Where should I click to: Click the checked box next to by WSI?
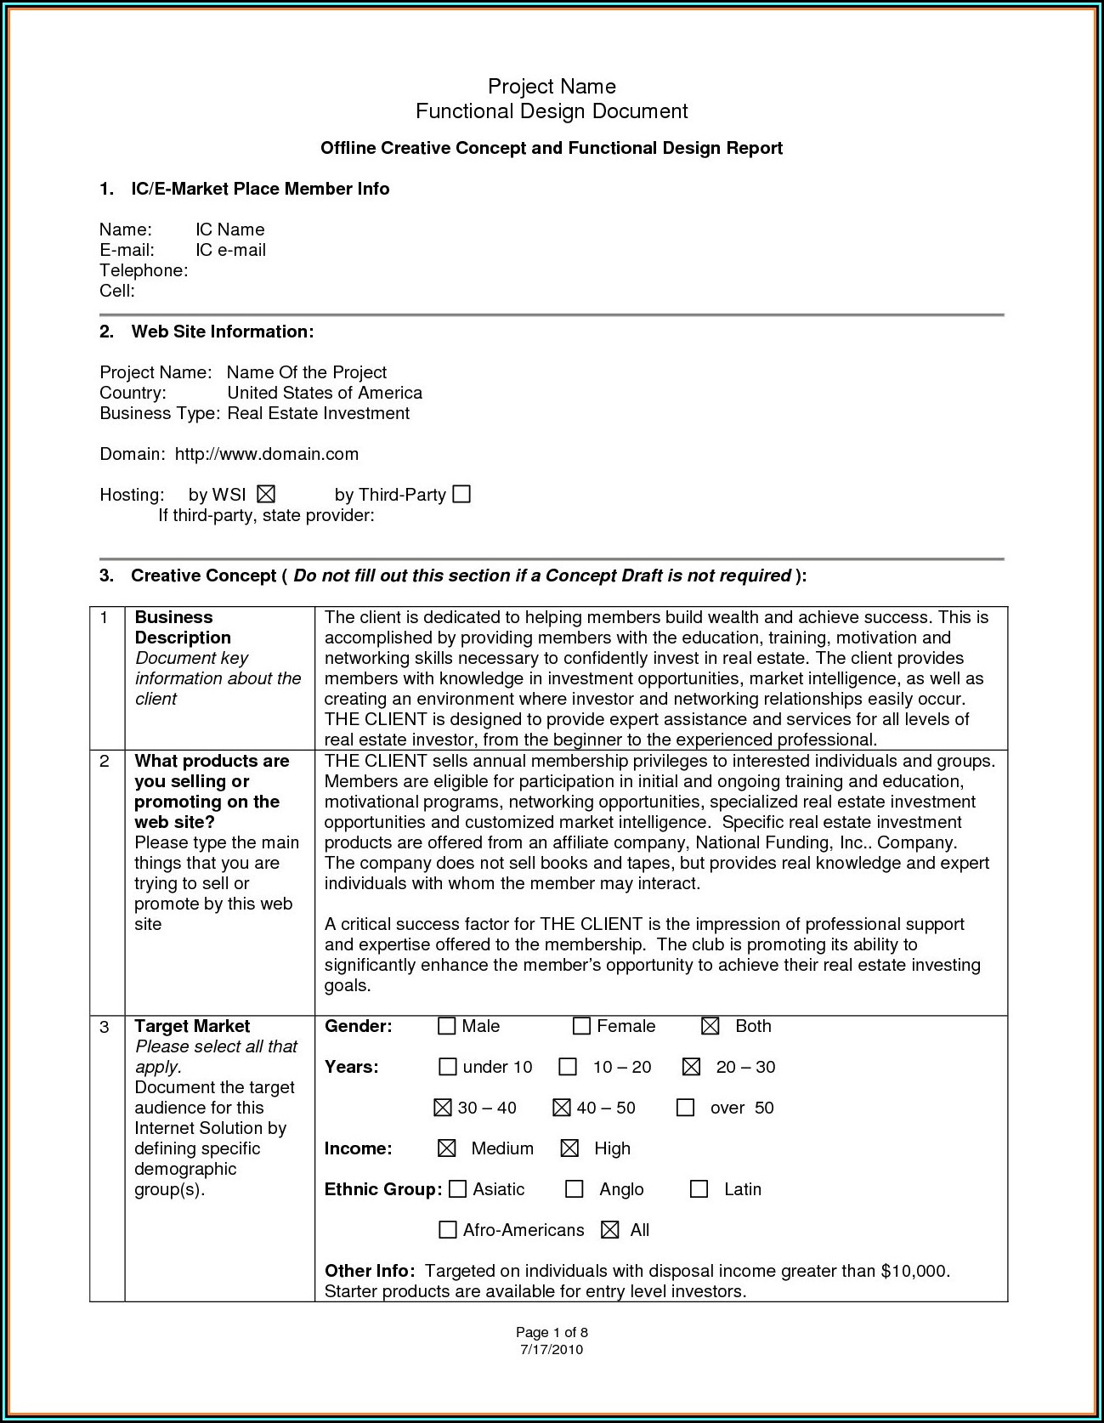click(266, 494)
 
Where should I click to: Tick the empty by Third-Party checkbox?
click(461, 494)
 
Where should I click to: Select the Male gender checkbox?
click(447, 1026)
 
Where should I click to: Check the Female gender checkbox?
click(581, 1026)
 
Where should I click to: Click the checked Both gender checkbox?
click(711, 1026)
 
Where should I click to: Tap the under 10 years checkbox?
click(448, 1066)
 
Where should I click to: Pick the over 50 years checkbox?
click(686, 1107)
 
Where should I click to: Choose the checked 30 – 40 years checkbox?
click(443, 1107)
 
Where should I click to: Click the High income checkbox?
click(569, 1148)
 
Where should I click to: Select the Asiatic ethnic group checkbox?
click(457, 1188)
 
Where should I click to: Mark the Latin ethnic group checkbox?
click(699, 1188)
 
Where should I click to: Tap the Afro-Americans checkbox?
click(447, 1229)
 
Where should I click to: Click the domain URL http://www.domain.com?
click(267, 454)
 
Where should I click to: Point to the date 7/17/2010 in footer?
click(552, 1349)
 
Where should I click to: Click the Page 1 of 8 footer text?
click(552, 1332)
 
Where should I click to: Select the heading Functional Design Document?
click(552, 111)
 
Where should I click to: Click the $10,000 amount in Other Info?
click(914, 1271)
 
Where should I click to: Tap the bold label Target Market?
click(192, 1026)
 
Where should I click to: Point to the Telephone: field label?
click(144, 270)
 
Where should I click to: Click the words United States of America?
click(325, 393)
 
